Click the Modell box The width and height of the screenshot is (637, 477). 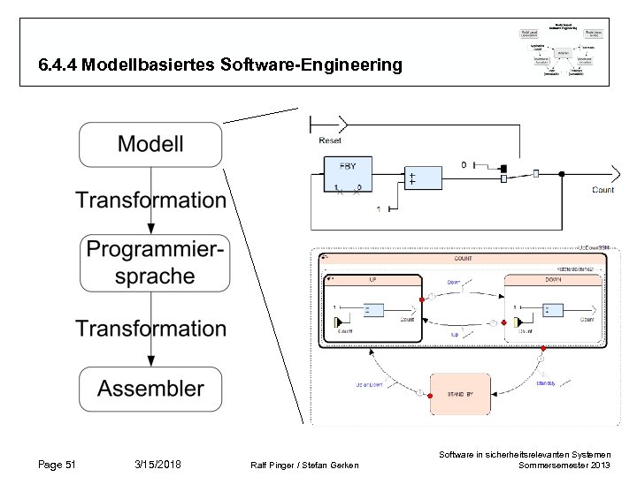pyautogui.click(x=150, y=144)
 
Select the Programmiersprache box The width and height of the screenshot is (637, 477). pyautogui.click(x=150, y=262)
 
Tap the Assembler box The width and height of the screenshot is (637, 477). pyautogui.click(x=150, y=389)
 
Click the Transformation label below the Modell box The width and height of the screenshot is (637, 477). pyautogui.click(x=150, y=201)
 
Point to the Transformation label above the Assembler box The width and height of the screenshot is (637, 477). pyautogui.click(x=150, y=329)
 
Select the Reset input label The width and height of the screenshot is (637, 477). pyautogui.click(x=330, y=140)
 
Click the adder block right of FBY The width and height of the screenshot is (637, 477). pyautogui.click(x=422, y=178)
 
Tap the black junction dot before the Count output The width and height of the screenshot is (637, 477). pyautogui.click(x=503, y=168)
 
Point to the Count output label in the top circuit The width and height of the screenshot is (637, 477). pyautogui.click(x=602, y=190)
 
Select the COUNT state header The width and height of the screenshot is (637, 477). pyautogui.click(x=463, y=259)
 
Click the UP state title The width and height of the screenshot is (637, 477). pyautogui.click(x=372, y=278)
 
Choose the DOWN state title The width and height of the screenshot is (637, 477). pyautogui.click(x=555, y=278)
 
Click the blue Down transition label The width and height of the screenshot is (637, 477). pyautogui.click(x=454, y=283)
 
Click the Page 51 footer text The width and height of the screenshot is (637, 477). pyautogui.click(x=58, y=465)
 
